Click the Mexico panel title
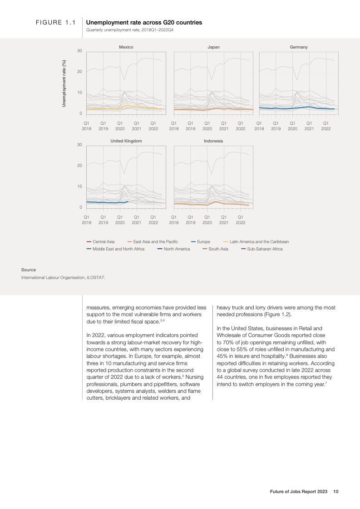126,47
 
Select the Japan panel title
213,47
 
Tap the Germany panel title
299,47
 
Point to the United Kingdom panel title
126,141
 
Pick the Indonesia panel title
213,141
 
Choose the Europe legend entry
200,242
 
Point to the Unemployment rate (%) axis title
64,83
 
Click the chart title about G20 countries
144,22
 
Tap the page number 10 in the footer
336,491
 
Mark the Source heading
29,270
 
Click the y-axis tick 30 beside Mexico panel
79,50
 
